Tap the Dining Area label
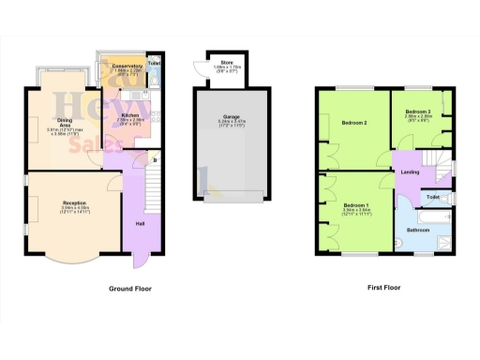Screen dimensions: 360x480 (65, 120)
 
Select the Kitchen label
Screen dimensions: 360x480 (129, 114)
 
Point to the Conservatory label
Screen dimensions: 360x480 (128, 66)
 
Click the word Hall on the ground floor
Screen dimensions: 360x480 (141, 223)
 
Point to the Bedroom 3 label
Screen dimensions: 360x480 (417, 112)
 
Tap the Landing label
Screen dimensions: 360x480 (410, 172)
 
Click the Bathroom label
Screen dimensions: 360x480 (417, 229)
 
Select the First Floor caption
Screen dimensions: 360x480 (384, 289)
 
